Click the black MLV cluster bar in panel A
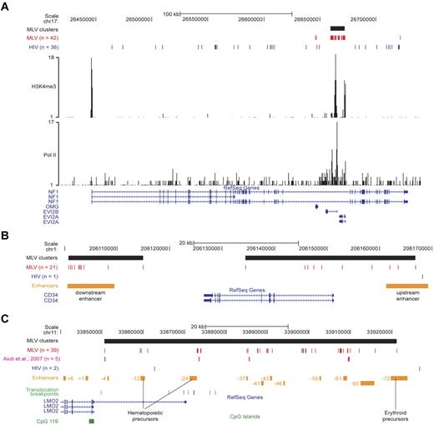point(337,28)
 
